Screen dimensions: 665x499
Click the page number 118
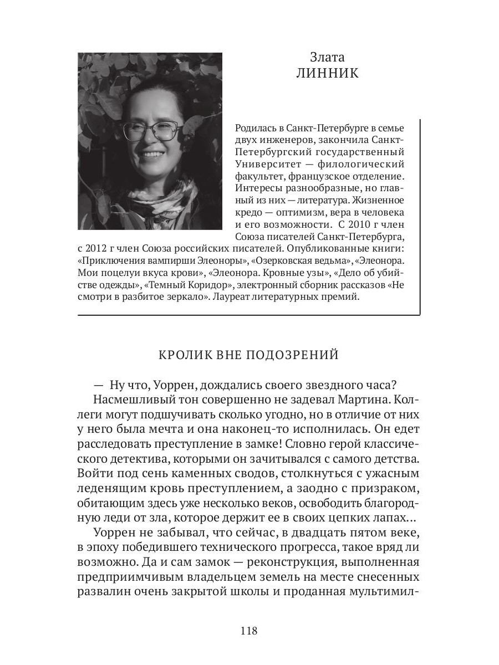249,631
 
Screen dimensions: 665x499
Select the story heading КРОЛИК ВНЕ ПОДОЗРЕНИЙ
248,355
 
